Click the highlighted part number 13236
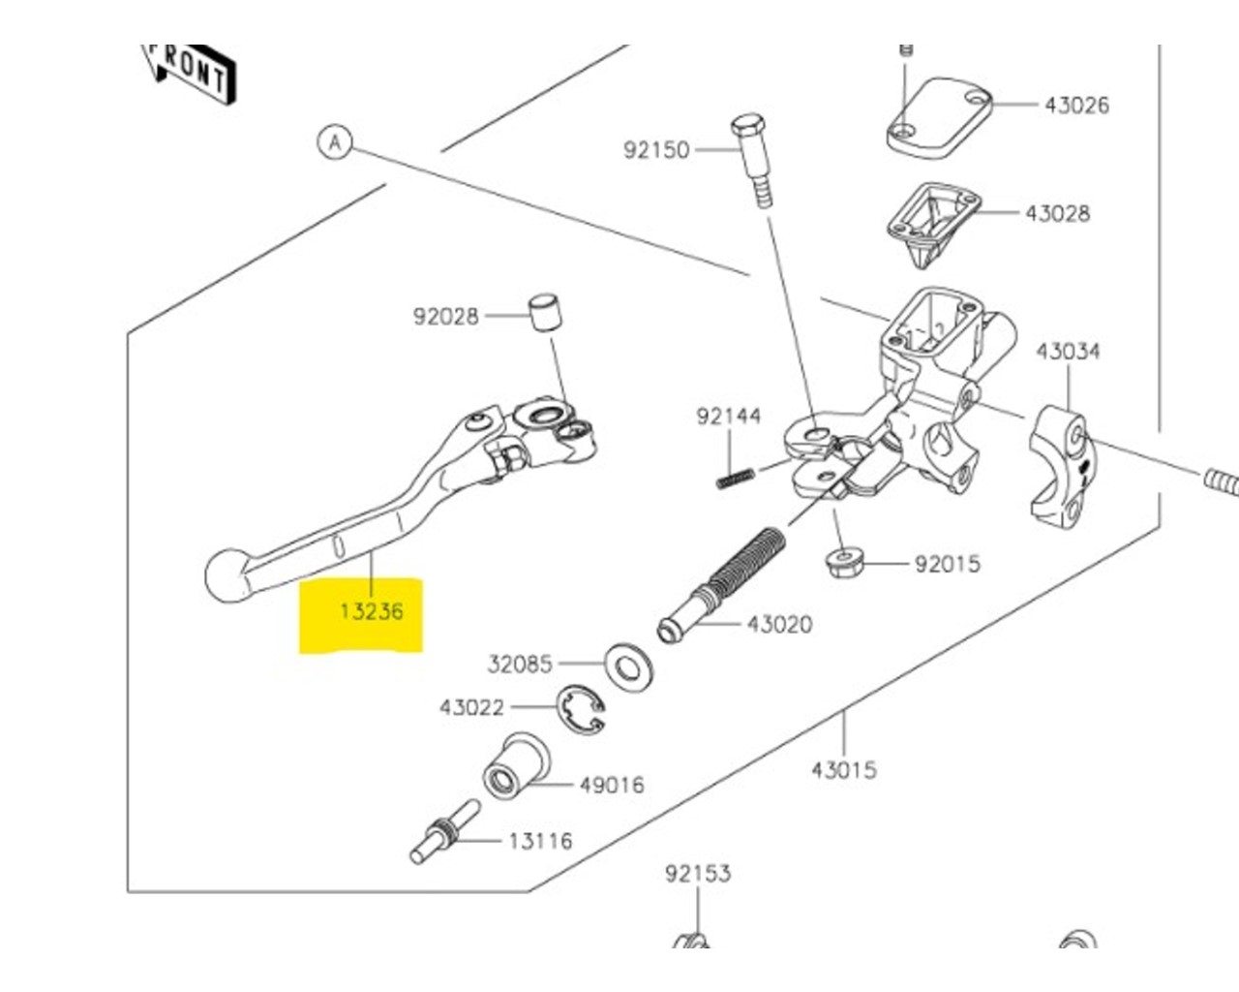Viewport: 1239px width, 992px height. (371, 612)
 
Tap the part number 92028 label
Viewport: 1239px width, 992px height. (445, 317)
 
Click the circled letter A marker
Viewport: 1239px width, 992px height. (335, 143)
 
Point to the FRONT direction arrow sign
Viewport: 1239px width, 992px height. (191, 73)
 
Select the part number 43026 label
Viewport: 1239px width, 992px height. (1076, 105)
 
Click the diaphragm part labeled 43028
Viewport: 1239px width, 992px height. (932, 221)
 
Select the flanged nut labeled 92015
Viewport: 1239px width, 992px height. (845, 562)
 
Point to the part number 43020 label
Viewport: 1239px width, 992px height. (779, 625)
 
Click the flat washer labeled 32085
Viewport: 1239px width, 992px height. (628, 665)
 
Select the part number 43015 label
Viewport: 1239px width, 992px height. (843, 770)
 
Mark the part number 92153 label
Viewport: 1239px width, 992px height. (697, 874)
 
